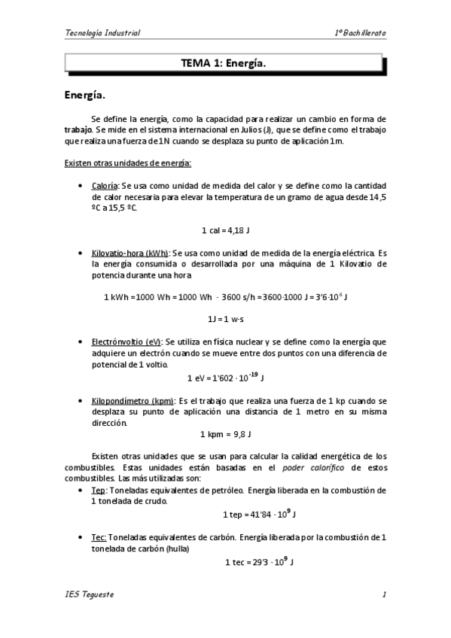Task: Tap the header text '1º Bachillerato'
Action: [361, 33]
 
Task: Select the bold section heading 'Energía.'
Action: [84, 96]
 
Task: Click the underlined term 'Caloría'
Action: [104, 185]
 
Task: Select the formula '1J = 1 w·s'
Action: [226, 318]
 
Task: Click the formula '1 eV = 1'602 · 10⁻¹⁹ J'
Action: [226, 376]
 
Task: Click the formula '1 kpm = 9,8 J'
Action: [226, 434]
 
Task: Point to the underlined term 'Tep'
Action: [98, 490]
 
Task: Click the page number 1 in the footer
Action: [384, 596]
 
